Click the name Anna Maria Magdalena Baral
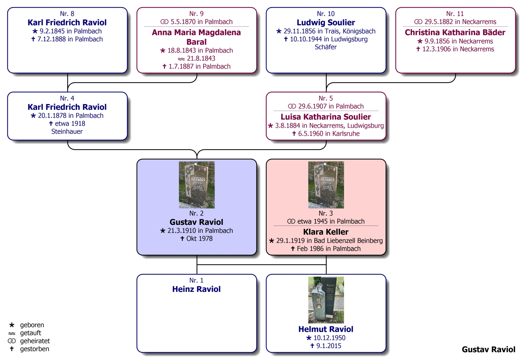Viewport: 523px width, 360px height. pos(196,37)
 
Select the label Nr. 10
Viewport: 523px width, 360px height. pos(326,14)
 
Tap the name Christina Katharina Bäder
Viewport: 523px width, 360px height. pos(455,32)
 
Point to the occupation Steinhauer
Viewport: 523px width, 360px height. pos(67,131)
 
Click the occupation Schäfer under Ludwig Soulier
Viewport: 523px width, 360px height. pos(326,47)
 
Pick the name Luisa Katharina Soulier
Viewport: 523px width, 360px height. pos(326,117)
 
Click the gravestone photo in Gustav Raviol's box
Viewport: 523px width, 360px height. pos(197,185)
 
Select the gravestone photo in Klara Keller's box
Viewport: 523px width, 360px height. pos(326,185)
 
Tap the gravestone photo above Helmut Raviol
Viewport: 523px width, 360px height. pos(326,300)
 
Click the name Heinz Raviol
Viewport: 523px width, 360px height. pos(196,289)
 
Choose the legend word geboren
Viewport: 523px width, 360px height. pos(32,325)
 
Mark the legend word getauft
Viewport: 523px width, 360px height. pos(30,333)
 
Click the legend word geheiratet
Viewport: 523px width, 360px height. pos(35,341)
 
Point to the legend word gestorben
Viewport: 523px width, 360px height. pos(35,349)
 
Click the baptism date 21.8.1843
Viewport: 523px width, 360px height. pos(201,58)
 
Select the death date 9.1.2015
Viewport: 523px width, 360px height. pos(329,346)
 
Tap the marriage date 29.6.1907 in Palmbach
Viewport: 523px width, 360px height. pos(331,106)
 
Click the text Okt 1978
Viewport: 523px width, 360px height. pos(199,239)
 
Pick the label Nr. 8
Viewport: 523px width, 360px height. pos(67,14)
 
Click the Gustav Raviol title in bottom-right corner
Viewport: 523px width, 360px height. pos(488,349)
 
